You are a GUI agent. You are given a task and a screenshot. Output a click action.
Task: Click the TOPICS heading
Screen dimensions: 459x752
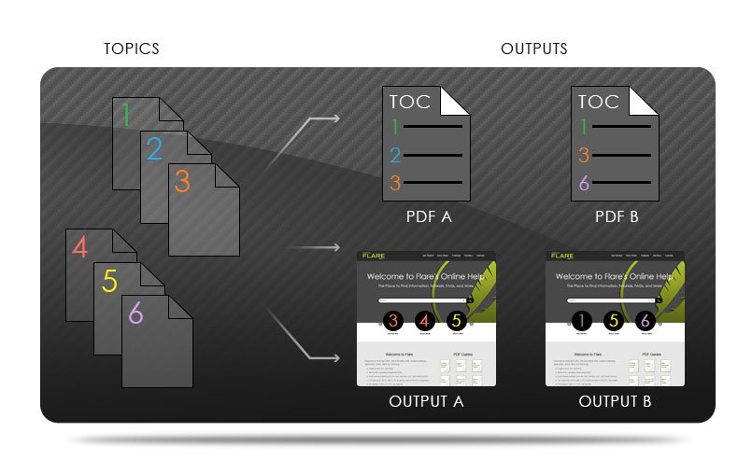click(x=131, y=49)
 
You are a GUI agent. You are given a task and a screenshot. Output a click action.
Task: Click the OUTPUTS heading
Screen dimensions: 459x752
click(x=533, y=49)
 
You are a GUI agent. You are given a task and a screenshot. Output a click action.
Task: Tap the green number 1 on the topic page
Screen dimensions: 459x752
click(x=127, y=115)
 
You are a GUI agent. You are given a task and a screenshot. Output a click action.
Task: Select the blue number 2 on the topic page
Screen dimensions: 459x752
click(x=155, y=149)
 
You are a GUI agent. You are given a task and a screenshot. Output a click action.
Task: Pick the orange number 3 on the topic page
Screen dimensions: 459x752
click(x=182, y=181)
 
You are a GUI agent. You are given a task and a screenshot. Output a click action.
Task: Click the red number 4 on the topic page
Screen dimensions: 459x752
click(x=80, y=248)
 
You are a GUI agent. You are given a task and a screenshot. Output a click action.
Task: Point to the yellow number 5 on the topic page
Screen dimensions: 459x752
click(x=109, y=281)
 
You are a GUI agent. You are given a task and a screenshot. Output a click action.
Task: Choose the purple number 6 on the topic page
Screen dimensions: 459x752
click(x=136, y=313)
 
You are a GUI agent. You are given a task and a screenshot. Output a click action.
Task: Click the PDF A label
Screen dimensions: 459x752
click(x=429, y=216)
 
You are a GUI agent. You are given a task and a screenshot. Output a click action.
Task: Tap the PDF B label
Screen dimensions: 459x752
click(x=617, y=216)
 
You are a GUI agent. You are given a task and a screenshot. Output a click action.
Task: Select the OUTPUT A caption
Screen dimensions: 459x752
click(x=426, y=402)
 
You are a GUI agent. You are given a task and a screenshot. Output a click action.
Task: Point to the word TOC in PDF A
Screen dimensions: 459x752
click(x=411, y=102)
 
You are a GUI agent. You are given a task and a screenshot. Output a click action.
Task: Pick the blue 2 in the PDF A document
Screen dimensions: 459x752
click(x=395, y=155)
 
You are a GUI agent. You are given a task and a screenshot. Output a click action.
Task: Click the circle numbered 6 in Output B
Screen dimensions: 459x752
click(x=644, y=321)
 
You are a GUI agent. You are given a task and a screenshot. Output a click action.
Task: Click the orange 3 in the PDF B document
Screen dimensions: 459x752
click(x=584, y=155)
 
